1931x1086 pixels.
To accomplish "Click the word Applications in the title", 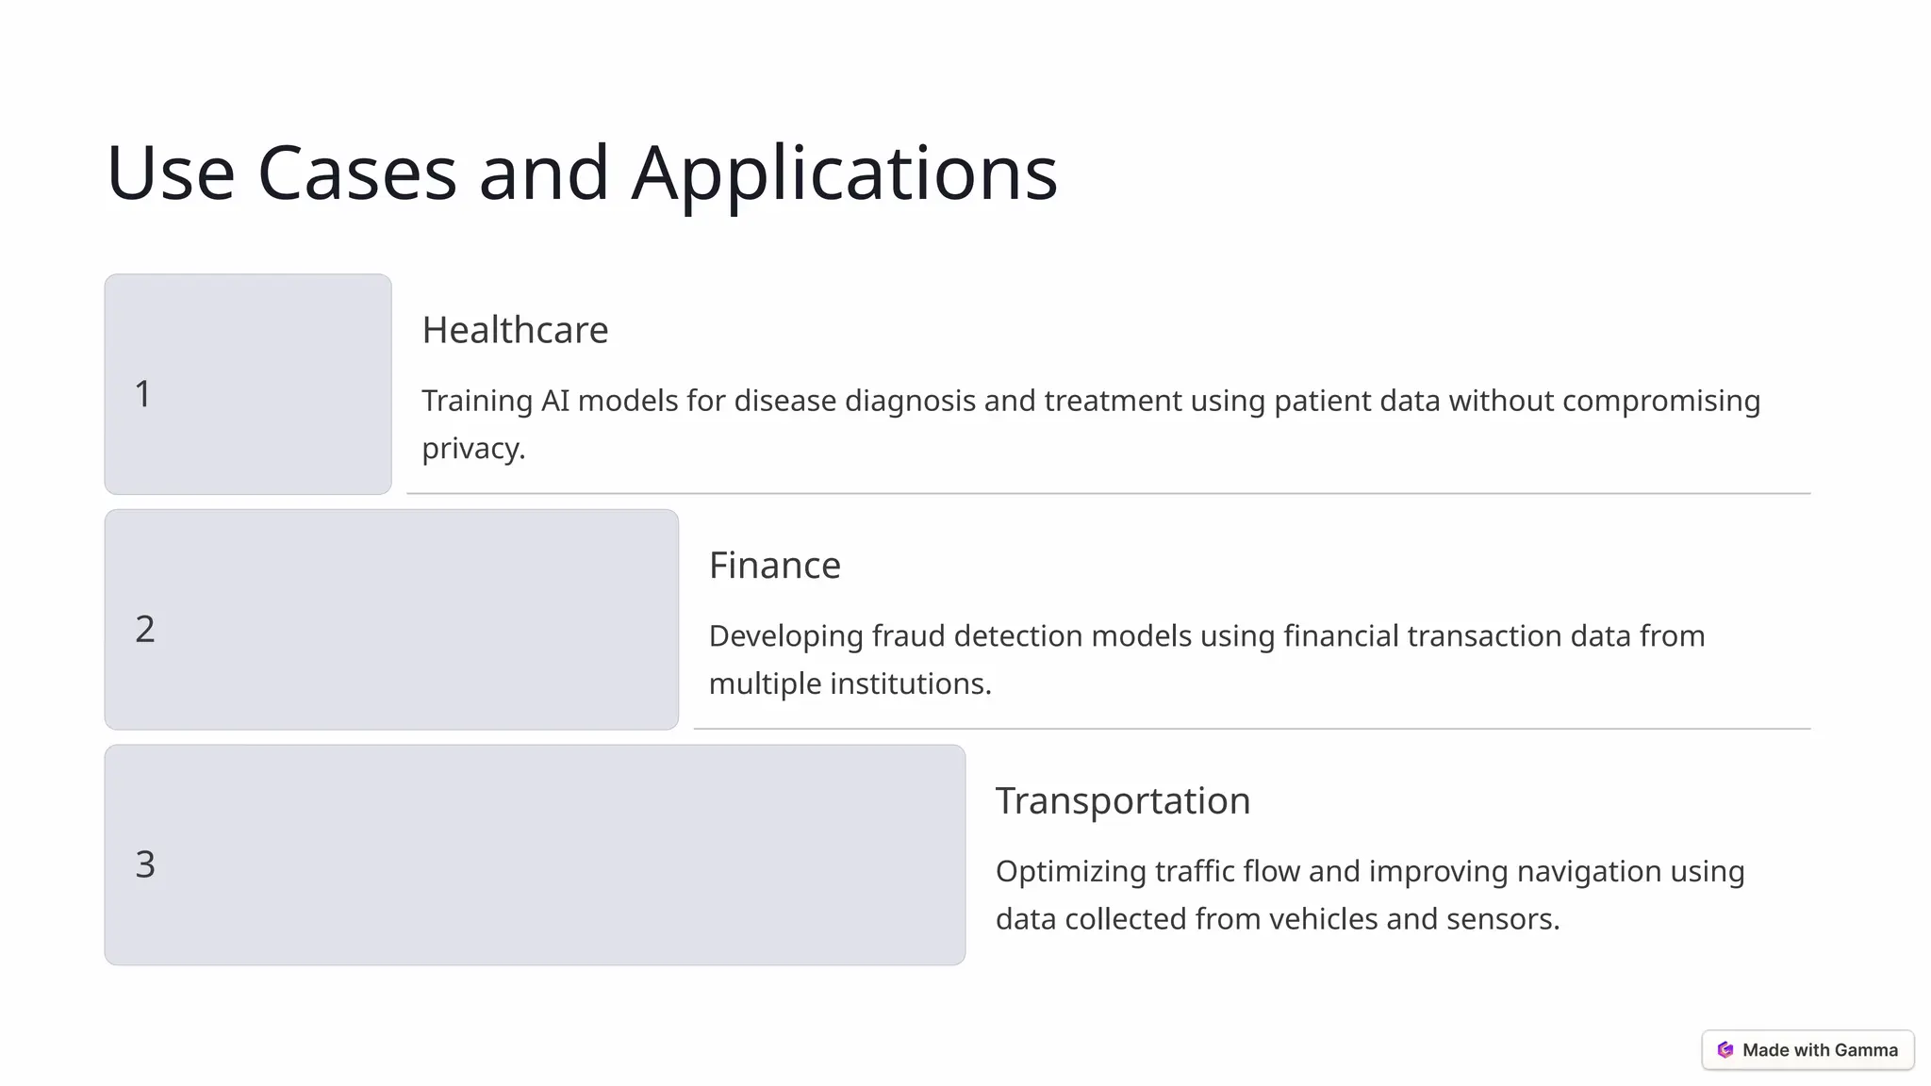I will click(844, 174).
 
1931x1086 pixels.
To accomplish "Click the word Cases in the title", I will click(356, 174).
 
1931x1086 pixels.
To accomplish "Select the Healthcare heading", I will click(515, 330).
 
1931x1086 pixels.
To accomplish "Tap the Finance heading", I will click(774, 566).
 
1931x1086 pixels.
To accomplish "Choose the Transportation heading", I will click(1122, 800).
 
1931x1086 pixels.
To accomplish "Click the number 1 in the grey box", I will click(143, 394).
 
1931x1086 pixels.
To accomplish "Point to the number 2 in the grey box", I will click(145, 629).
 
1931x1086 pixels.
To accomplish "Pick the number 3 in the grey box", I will click(145, 864).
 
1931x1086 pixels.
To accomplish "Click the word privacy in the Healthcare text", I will click(471, 449).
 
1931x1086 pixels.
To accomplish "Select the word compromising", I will click(1660, 401).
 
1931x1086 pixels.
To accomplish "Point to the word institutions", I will click(909, 683).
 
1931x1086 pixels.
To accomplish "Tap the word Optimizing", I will click(1070, 871).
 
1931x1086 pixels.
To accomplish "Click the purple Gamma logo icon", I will click(1725, 1050).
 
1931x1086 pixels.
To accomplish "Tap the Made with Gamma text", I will click(1820, 1050).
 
